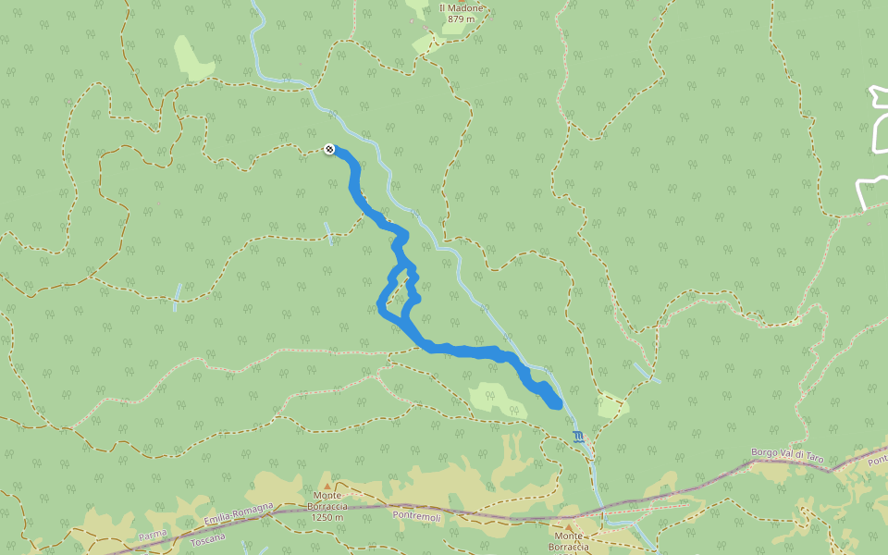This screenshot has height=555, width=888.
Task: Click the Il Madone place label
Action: [461, 7]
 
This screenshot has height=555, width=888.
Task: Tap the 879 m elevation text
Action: [461, 18]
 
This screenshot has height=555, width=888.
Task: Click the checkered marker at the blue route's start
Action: [329, 148]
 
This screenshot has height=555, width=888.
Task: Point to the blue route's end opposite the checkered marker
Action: [555, 401]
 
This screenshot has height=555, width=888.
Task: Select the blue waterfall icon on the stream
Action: [578, 437]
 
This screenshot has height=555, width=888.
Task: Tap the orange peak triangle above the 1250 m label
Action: [327, 484]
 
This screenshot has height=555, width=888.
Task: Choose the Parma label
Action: [153, 535]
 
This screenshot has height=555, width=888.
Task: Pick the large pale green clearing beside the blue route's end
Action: [496, 398]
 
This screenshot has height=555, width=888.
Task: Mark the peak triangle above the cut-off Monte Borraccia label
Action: [568, 527]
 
